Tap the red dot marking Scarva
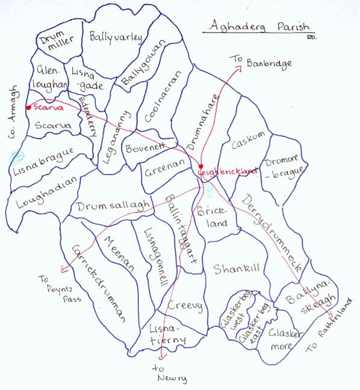tap(28, 108)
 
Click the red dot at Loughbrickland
tap(201, 166)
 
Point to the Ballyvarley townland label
tap(116, 37)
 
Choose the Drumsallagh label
tap(113, 206)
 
